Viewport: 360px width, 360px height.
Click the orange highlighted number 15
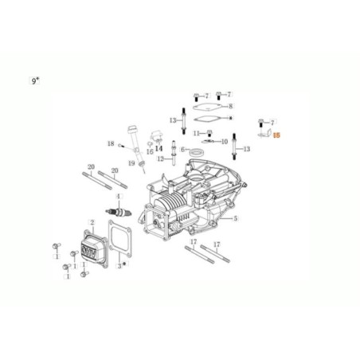277,136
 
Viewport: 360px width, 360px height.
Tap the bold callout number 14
158,147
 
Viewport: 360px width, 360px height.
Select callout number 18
112,144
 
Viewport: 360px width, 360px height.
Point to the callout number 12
159,158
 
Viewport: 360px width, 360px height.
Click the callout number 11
196,132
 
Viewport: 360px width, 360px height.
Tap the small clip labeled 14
158,138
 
